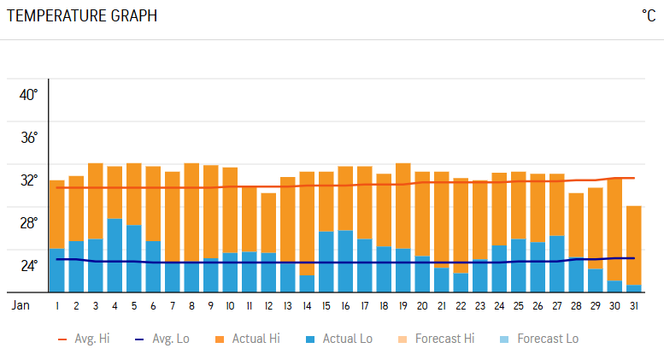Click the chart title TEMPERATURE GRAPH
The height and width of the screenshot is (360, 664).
81,16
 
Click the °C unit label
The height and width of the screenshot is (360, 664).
648,16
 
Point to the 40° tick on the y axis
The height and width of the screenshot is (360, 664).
29,95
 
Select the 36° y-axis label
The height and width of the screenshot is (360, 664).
29,138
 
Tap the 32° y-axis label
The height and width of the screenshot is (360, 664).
29,180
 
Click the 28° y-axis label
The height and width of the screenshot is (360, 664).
29,223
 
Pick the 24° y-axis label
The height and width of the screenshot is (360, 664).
29,265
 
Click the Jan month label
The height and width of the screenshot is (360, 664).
22,305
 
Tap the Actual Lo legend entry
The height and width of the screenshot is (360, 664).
339,339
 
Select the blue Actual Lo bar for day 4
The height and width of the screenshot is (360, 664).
115,255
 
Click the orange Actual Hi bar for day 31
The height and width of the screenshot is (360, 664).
633,245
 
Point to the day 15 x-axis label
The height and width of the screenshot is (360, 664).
326,305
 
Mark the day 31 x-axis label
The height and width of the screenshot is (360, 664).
633,305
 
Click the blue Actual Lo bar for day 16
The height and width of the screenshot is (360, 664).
345,261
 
